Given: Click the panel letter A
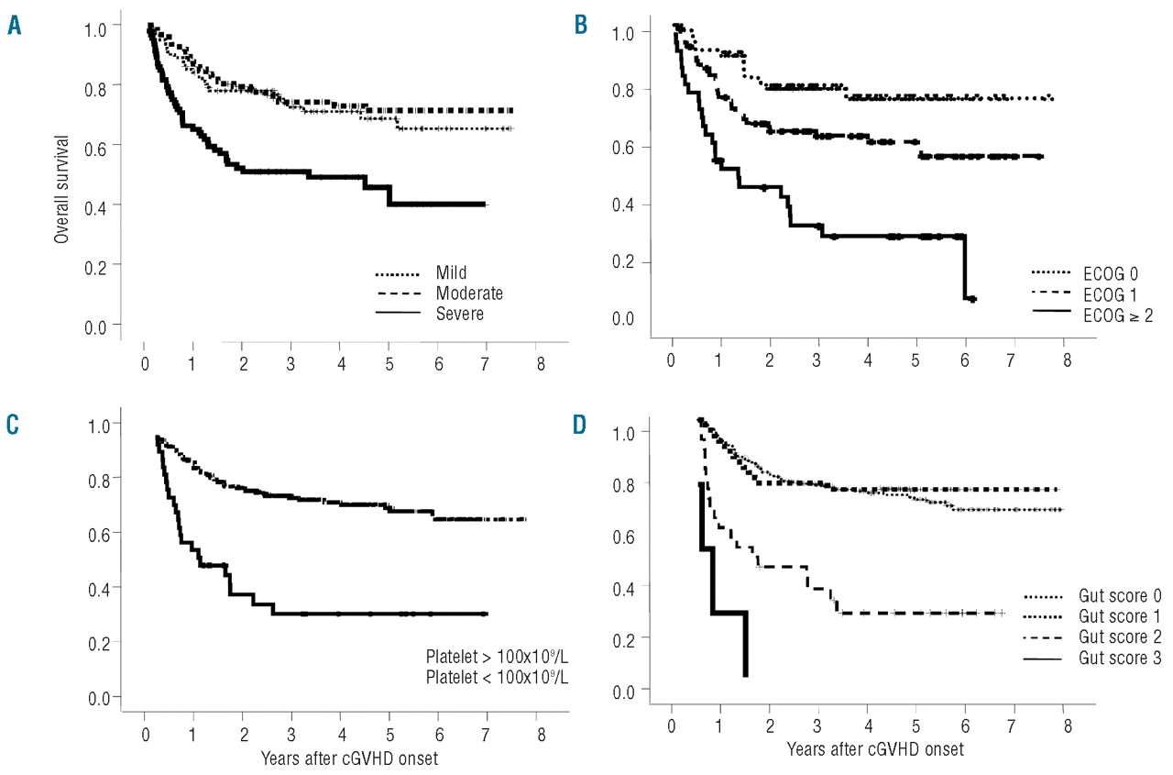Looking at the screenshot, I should tap(15, 27).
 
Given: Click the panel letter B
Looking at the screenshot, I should tap(581, 27).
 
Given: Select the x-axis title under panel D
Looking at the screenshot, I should tap(874, 749).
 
